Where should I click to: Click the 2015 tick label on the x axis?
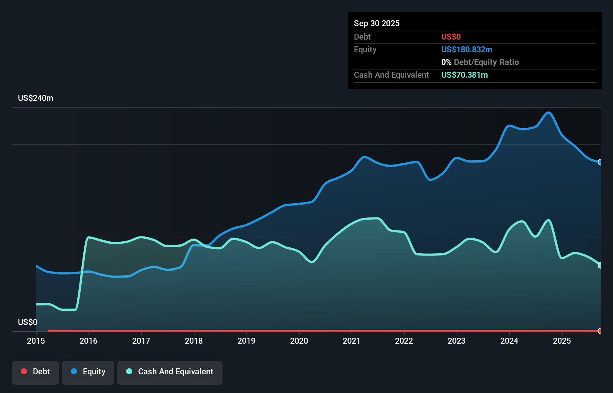pyautogui.click(x=36, y=341)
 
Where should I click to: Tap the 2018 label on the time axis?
pyautogui.click(x=194, y=341)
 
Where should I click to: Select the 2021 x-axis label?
pyautogui.click(x=352, y=341)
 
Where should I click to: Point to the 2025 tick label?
pyautogui.click(x=562, y=341)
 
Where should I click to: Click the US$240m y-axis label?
pyautogui.click(x=35, y=98)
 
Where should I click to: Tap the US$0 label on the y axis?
pyautogui.click(x=28, y=322)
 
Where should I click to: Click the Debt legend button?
pyautogui.click(x=35, y=372)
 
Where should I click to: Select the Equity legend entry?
pyautogui.click(x=88, y=372)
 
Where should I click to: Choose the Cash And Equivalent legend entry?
pyautogui.click(x=170, y=372)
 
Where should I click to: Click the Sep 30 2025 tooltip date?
pyautogui.click(x=377, y=23)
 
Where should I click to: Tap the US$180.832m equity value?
pyautogui.click(x=467, y=49)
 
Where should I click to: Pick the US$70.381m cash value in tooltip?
pyautogui.click(x=464, y=75)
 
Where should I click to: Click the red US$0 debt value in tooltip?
pyautogui.click(x=451, y=37)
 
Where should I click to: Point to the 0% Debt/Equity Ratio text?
pyautogui.click(x=480, y=62)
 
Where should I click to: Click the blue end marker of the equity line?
pyautogui.click(x=600, y=162)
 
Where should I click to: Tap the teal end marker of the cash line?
pyautogui.click(x=600, y=265)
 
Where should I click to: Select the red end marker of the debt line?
pyautogui.click(x=600, y=331)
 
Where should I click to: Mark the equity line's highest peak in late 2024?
pyautogui.click(x=548, y=112)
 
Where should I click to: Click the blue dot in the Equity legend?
pyautogui.click(x=74, y=371)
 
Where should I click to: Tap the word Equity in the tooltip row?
pyautogui.click(x=365, y=49)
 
